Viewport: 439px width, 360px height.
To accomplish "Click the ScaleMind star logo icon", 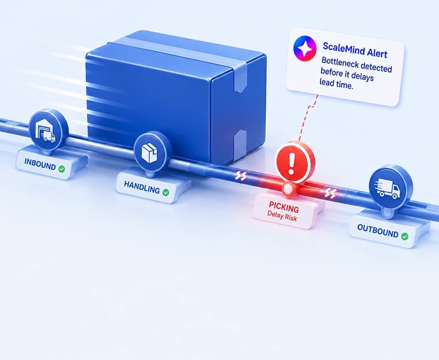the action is (305, 48).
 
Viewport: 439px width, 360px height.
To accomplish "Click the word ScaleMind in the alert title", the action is (341, 49).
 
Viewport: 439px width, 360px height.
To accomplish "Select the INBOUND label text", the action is (40, 164).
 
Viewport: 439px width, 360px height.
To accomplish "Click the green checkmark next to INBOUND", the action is (61, 169).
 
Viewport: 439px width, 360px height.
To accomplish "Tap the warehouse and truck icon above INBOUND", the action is (46, 131).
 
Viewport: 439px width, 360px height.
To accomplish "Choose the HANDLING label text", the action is (142, 187).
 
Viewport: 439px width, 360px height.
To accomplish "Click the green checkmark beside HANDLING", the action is (166, 192).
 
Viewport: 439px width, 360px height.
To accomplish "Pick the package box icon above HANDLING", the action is (149, 153).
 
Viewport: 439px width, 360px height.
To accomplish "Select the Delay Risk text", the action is (282, 216).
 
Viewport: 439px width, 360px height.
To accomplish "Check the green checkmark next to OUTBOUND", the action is (404, 237).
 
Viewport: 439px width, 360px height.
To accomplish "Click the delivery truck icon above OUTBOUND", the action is (388, 188).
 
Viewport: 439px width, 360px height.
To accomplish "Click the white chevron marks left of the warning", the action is (240, 176).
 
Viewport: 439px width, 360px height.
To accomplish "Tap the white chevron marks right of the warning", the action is (330, 193).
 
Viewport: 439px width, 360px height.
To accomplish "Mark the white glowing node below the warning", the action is (288, 189).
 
